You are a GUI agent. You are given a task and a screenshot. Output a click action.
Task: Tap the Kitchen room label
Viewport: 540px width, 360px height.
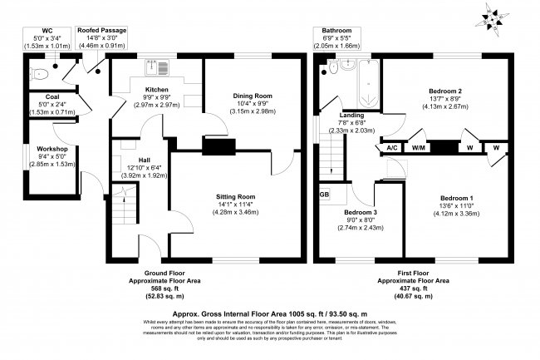(157, 89)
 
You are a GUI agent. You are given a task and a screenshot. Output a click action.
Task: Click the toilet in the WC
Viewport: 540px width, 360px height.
(34, 74)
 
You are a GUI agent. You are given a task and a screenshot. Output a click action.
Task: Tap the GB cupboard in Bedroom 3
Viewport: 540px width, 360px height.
(324, 195)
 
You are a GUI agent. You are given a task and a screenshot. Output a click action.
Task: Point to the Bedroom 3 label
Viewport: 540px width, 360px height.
(361, 212)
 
